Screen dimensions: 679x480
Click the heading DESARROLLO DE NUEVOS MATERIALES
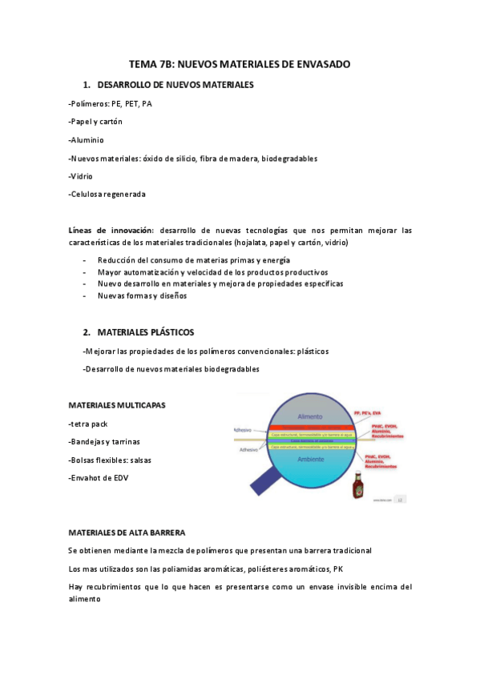(175, 85)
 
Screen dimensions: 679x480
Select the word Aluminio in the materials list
(87, 140)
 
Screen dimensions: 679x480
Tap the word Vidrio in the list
(83, 176)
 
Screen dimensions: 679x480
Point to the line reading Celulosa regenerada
(107, 194)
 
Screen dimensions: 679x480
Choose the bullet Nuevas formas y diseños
(142, 295)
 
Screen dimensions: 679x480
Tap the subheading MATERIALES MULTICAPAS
(117, 405)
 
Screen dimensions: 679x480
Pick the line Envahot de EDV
(99, 478)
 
